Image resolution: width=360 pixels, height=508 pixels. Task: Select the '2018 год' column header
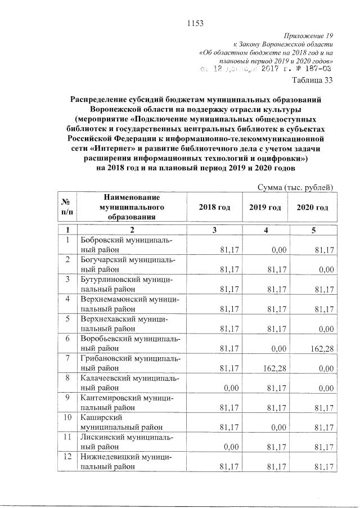tap(215, 208)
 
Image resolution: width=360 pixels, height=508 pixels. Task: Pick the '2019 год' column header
tap(265, 208)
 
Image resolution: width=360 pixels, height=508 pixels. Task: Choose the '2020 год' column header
tap(312, 208)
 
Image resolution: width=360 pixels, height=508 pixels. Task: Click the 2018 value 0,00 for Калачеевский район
tap(225, 388)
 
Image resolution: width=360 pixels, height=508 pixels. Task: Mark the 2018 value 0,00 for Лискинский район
tap(225, 447)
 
